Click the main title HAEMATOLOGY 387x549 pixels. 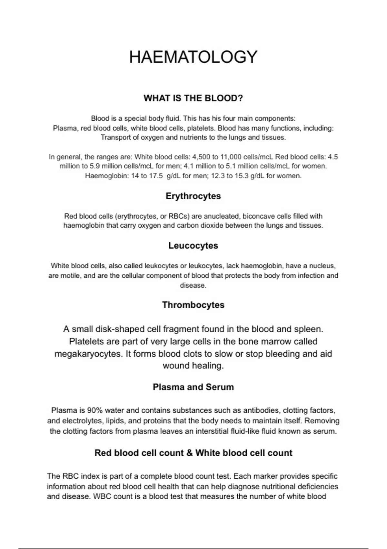(193, 57)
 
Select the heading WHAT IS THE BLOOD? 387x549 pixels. (193, 98)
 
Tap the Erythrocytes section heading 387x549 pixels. (193, 196)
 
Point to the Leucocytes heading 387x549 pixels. (193, 246)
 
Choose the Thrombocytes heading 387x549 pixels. (193, 305)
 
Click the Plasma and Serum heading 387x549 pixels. (193, 387)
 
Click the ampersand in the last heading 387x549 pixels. (189, 453)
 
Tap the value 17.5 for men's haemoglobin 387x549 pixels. (156, 176)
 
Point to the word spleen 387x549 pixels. (308, 329)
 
